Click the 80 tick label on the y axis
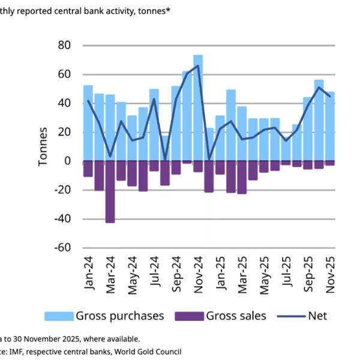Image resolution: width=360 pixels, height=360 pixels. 63,46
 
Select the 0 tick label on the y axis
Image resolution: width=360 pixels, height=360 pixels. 67,161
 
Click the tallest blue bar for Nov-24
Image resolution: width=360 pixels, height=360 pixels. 198,108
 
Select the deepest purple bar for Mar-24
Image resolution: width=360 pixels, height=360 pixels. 110,191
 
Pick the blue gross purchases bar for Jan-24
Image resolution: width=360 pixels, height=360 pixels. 88,123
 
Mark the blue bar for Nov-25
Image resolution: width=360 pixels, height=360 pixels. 329,126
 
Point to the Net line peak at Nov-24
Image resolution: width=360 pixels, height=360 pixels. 198,66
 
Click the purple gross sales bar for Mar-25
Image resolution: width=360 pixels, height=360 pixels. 242,177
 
